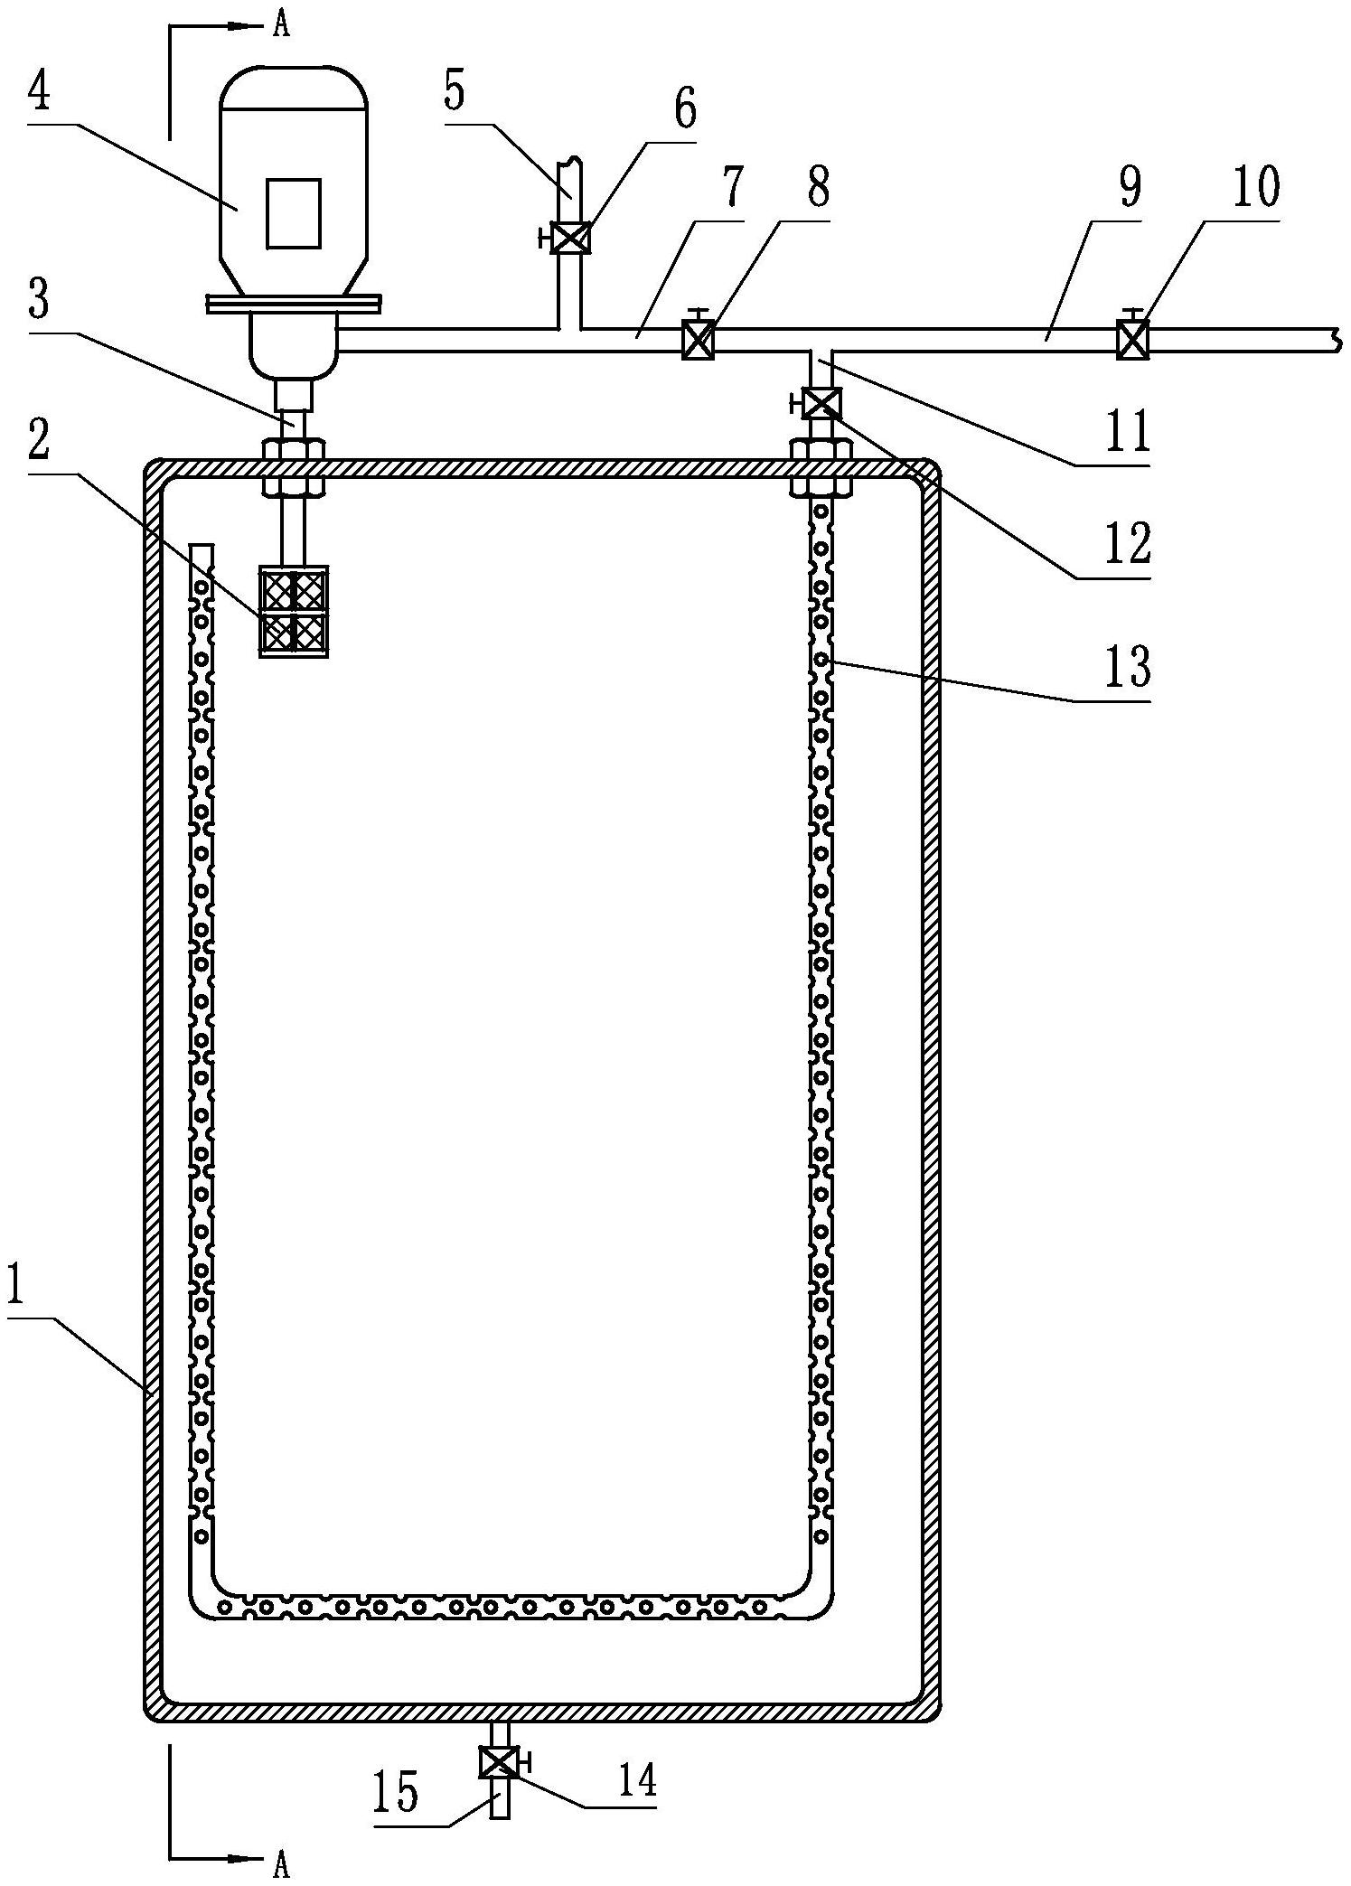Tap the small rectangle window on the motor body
[x=293, y=213]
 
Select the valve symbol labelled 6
[x=569, y=238]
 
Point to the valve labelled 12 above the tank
[x=821, y=403]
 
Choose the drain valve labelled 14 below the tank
[x=500, y=1761]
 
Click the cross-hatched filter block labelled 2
[x=294, y=612]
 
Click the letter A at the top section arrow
[x=282, y=26]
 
